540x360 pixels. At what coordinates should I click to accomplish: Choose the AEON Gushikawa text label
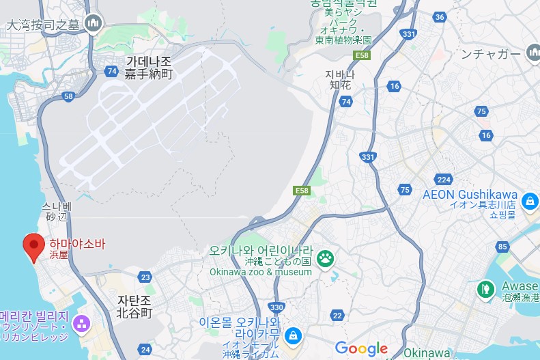coord(470,194)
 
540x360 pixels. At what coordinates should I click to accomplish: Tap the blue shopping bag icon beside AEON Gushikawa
coord(529,202)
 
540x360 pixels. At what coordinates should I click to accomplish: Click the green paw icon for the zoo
coord(326,258)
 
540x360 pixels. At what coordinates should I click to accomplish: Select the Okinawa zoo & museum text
coord(260,272)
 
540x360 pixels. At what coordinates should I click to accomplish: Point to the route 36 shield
coord(440,17)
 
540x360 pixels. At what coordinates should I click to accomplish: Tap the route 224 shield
coord(444,180)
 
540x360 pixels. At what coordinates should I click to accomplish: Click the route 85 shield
coord(504,247)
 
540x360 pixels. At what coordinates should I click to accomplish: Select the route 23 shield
coord(145,277)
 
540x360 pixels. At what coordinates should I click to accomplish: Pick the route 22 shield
coord(337,315)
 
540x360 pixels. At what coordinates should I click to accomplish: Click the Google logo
coord(361,348)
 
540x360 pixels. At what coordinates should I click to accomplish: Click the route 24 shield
coord(145,349)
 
